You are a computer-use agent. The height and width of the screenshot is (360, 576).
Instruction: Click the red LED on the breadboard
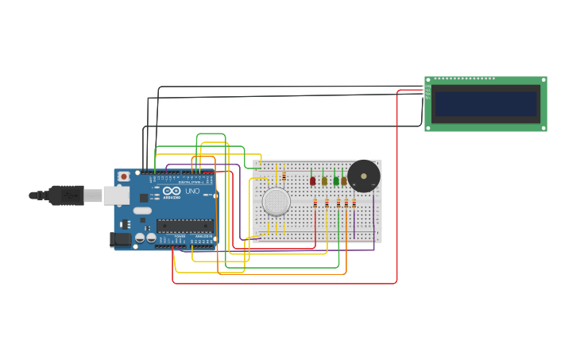click(x=312, y=180)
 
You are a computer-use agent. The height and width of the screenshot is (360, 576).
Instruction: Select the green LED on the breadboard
click(x=336, y=180)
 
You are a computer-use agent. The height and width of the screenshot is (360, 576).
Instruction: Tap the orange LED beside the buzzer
click(x=344, y=180)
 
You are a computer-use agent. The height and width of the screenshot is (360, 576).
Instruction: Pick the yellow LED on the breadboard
click(x=324, y=180)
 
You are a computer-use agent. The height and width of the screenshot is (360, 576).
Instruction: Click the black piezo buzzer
click(x=364, y=176)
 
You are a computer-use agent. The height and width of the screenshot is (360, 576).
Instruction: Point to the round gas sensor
click(x=276, y=201)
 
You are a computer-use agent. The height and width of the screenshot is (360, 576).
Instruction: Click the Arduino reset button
click(x=124, y=176)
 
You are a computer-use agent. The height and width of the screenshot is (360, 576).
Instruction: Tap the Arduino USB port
click(x=116, y=195)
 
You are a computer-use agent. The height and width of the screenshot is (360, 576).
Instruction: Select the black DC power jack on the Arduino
click(x=120, y=238)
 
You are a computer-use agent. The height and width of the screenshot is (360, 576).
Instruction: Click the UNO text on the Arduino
click(x=192, y=192)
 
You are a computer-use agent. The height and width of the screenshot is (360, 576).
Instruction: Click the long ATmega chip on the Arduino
click(x=184, y=226)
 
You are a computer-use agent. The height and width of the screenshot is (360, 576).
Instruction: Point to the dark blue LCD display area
click(x=485, y=103)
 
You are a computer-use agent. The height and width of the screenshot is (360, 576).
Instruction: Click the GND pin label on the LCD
click(x=428, y=87)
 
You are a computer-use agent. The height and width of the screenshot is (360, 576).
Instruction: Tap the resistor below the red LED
click(x=315, y=203)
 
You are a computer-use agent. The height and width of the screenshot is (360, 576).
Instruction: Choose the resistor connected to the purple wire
click(x=354, y=203)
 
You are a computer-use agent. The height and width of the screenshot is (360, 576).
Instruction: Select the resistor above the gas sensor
click(x=284, y=176)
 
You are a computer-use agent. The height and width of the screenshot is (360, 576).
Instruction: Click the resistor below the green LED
click(x=338, y=203)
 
